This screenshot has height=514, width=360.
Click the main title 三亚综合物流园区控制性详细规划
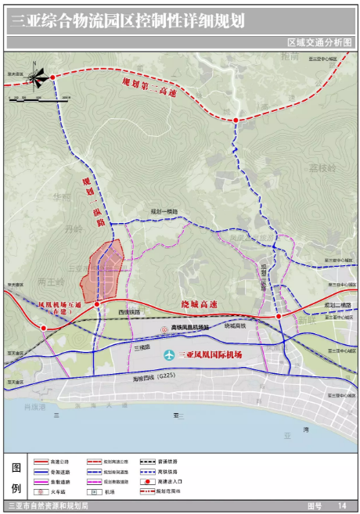pyautogui.click(x=125, y=22)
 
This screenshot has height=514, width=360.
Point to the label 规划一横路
pyautogui.click(x=164, y=211)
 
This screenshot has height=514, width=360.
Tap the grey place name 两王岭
pyautogui.click(x=50, y=282)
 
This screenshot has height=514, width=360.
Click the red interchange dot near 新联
pyautogui.click(x=278, y=316)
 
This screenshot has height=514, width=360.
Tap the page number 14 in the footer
pyautogui.click(x=341, y=507)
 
